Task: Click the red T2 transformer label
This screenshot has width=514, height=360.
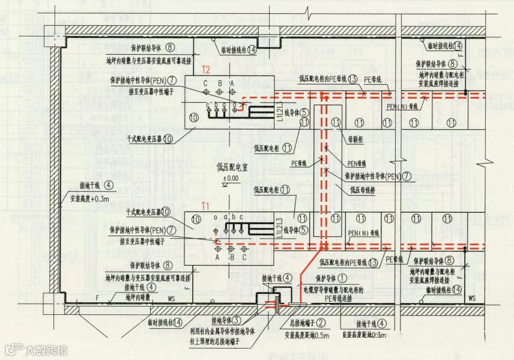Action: tap(206, 70)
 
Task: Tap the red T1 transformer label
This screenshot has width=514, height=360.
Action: tap(206, 206)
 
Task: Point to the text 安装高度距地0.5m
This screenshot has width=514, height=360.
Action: tap(306, 335)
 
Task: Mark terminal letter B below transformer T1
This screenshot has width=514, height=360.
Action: tap(231, 257)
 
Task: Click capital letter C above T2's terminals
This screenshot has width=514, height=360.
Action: tap(205, 83)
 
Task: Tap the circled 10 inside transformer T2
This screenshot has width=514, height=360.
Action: tap(193, 117)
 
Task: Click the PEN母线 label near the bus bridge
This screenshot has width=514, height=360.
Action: tap(357, 163)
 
